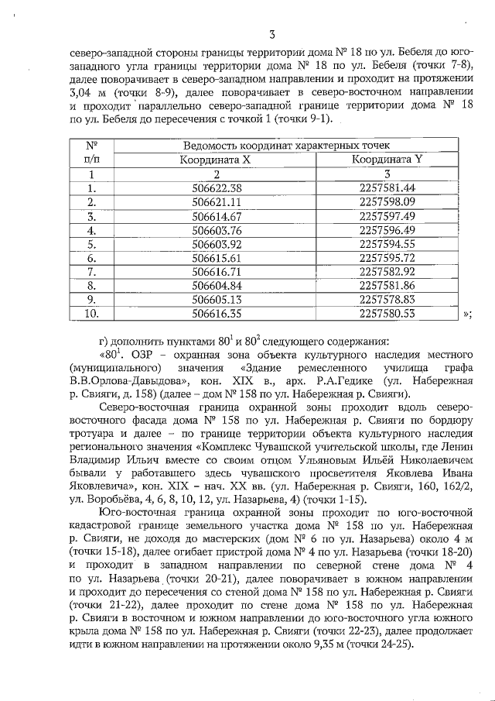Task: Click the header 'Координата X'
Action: coord(215,160)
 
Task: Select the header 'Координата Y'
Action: coord(387,160)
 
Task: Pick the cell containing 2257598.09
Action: coord(387,202)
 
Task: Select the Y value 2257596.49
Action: coord(387,230)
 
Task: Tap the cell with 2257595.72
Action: coord(387,258)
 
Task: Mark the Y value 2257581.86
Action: coord(387,286)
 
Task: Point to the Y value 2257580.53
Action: coord(387,314)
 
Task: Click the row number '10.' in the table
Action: coord(91,314)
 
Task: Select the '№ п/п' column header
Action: coord(90,153)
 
